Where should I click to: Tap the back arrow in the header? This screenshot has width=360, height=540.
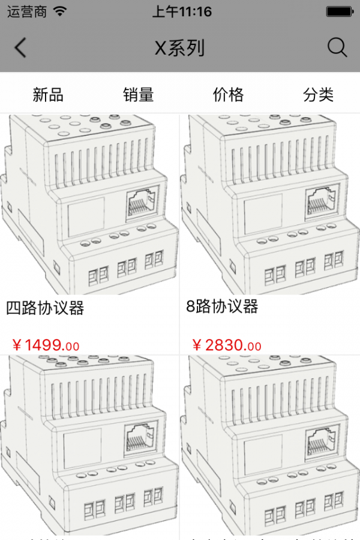click(21, 48)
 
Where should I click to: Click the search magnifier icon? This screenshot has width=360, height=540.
click(337, 48)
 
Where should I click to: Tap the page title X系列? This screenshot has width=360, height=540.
click(180, 48)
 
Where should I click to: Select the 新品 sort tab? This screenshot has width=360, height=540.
click(48, 94)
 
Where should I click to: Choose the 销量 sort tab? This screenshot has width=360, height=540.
click(139, 94)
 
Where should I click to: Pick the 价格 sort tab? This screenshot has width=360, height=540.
click(229, 94)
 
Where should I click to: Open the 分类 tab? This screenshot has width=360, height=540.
click(319, 94)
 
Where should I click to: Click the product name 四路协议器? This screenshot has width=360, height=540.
click(45, 308)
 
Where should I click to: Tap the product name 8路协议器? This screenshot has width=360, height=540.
click(222, 307)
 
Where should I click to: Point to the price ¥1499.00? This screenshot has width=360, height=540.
click(46, 345)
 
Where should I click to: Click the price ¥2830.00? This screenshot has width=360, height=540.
click(227, 345)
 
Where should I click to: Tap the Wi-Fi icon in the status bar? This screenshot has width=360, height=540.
click(60, 11)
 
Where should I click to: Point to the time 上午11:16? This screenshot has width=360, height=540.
click(182, 11)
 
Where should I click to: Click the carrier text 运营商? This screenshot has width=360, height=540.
click(27, 11)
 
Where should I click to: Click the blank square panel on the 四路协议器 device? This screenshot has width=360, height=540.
click(86, 217)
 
